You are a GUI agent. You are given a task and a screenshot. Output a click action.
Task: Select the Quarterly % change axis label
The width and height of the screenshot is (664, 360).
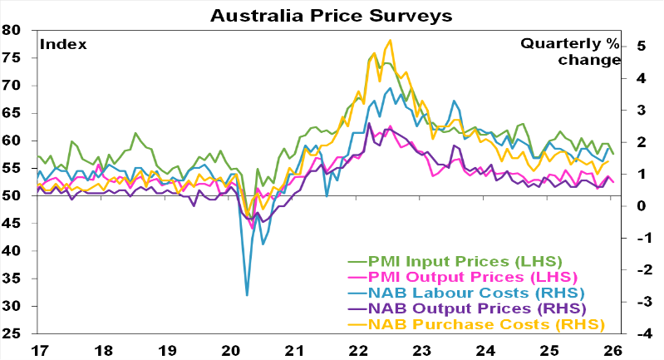click(x=571, y=52)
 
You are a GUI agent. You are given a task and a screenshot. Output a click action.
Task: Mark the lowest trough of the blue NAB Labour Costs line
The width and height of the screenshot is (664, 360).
click(x=247, y=294)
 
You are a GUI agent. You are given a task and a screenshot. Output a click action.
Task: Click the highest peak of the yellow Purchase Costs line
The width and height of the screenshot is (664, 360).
click(x=391, y=40)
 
